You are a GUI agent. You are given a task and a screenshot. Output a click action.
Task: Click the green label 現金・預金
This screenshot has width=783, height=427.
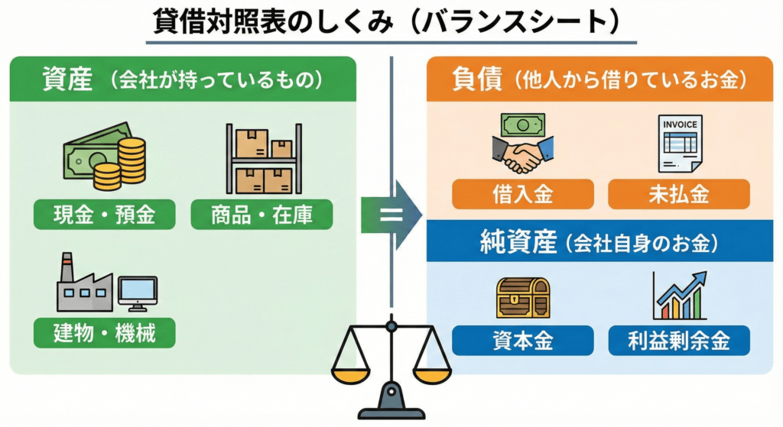(x=104, y=215)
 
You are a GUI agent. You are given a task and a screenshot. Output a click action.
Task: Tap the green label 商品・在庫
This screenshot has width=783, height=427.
(x=262, y=215)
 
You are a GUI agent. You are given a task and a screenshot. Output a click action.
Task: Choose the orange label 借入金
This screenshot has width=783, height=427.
(x=523, y=195)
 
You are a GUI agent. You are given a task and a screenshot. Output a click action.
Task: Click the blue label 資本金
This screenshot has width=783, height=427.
(x=523, y=341)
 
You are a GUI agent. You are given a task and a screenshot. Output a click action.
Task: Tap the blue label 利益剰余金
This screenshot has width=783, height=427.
(x=679, y=341)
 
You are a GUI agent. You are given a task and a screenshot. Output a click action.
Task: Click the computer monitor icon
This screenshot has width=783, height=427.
(x=138, y=293)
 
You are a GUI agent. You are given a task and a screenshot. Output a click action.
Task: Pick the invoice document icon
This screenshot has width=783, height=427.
(x=679, y=143)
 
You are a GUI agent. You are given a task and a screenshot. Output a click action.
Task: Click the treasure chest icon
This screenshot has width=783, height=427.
(x=523, y=297)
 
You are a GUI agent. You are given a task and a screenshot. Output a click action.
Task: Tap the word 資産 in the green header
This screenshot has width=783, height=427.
(x=68, y=79)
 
